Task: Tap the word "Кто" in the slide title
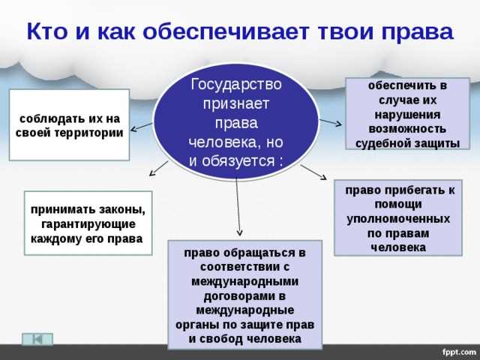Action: point(46,31)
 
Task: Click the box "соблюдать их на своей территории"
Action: point(70,124)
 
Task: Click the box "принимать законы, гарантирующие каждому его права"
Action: point(88,223)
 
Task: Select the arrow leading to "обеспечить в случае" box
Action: point(330,122)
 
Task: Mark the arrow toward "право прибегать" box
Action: point(314,172)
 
